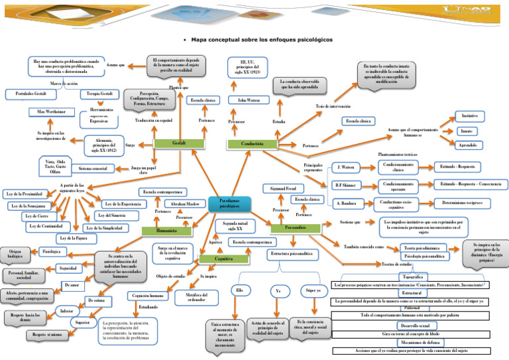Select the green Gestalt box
tap(178, 143)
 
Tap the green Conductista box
tap(253, 144)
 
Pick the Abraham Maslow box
tap(184, 204)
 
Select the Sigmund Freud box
tap(283, 189)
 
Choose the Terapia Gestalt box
tap(101, 94)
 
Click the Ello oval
tap(239, 290)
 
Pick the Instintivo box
tap(468, 116)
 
